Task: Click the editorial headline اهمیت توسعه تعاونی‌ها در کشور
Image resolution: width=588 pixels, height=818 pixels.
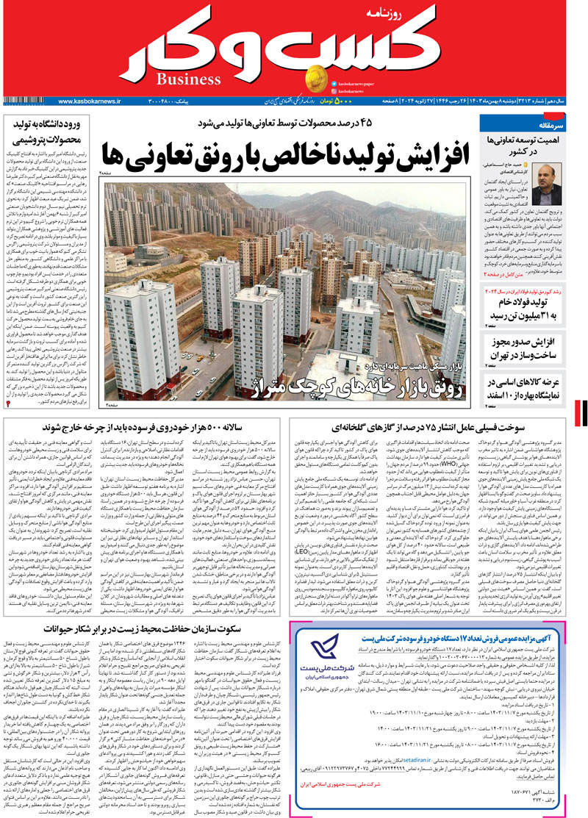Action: pyautogui.click(x=528, y=144)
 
